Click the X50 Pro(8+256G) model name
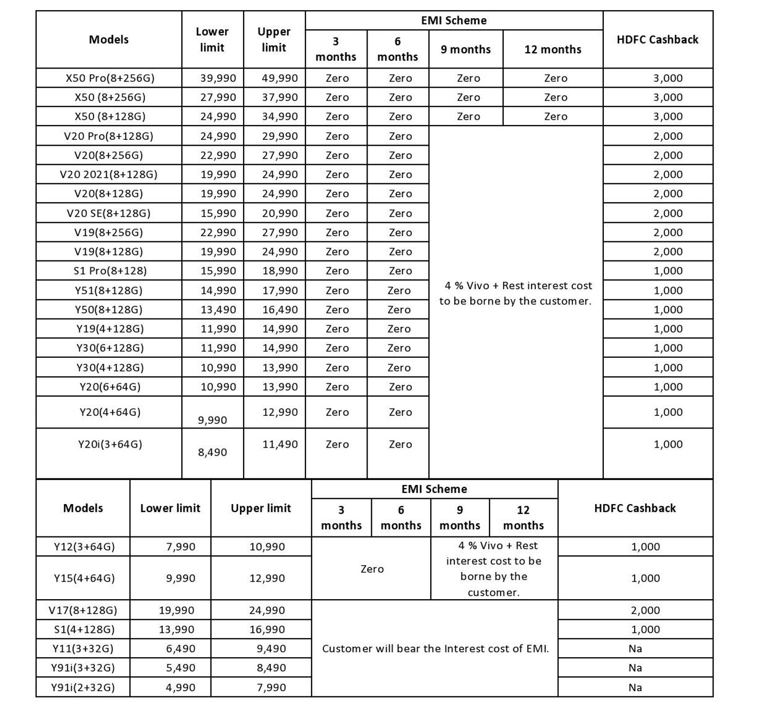(110, 78)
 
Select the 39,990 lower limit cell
(218, 78)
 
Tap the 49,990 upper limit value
(280, 78)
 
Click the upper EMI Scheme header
(454, 21)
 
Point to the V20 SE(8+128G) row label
(109, 213)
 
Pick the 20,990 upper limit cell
(280, 213)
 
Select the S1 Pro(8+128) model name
(110, 271)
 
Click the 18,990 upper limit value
(280, 271)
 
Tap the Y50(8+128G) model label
(109, 309)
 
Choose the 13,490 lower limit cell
(218, 309)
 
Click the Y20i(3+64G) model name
(110, 444)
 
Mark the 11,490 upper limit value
(280, 444)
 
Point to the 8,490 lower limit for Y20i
(212, 452)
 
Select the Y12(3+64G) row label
(84, 547)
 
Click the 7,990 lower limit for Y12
(180, 547)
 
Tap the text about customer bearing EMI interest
(435, 649)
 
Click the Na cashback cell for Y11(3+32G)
(635, 649)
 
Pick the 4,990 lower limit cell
(180, 687)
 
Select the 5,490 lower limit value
(180, 668)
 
